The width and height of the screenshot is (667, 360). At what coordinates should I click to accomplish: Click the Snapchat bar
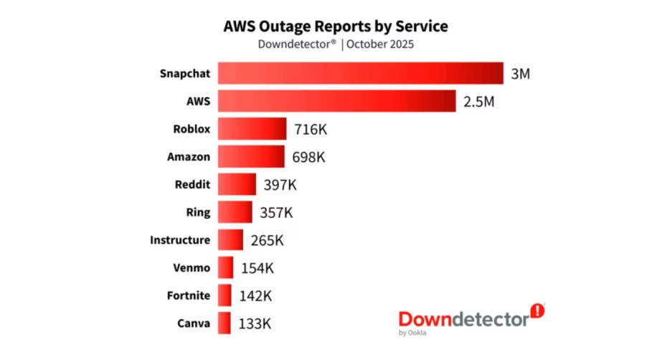coord(361,74)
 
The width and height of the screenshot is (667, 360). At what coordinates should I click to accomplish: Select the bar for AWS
coord(337,101)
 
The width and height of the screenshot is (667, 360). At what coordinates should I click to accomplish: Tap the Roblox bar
coord(252,129)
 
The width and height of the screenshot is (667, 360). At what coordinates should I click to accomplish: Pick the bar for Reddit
coord(237,184)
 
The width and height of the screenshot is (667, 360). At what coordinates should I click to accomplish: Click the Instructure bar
coord(231,240)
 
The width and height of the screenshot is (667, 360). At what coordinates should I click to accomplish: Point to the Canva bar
coord(224,323)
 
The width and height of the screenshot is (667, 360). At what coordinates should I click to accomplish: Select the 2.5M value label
coord(478,101)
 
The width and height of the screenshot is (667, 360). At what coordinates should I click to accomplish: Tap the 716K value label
coord(311,130)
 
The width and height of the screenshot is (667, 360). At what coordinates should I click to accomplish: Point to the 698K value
coord(308,157)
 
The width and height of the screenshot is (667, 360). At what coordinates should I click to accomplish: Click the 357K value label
coord(276,212)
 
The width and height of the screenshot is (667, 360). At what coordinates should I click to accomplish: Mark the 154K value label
coord(257,267)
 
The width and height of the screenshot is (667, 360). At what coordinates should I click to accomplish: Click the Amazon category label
coord(189,156)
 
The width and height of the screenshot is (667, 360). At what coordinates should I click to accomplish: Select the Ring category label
coord(198,212)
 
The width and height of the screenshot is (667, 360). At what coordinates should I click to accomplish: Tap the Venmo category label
coord(191,267)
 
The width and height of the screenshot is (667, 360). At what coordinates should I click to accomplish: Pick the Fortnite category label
coord(189,295)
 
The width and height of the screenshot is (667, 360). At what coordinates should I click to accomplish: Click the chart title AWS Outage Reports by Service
coord(336,27)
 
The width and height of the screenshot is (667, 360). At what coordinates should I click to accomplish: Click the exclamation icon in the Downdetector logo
coord(537,311)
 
